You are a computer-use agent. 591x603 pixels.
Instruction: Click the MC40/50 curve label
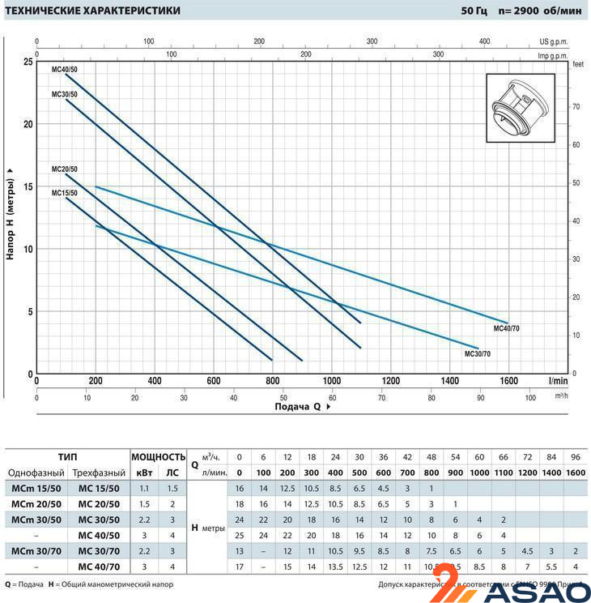65,69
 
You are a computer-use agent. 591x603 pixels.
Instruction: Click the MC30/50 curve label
65,95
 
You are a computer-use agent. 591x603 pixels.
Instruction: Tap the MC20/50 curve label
65,169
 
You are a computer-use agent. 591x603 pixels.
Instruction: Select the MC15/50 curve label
65,193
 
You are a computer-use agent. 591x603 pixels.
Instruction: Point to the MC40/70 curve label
508,330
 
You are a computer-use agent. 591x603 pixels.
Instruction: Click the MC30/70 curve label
477,354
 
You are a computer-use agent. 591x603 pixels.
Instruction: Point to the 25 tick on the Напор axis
28,62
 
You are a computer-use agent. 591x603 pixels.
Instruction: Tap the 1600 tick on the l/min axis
508,381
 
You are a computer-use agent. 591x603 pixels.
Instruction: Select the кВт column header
145,473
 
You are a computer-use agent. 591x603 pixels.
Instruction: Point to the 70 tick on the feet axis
576,106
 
